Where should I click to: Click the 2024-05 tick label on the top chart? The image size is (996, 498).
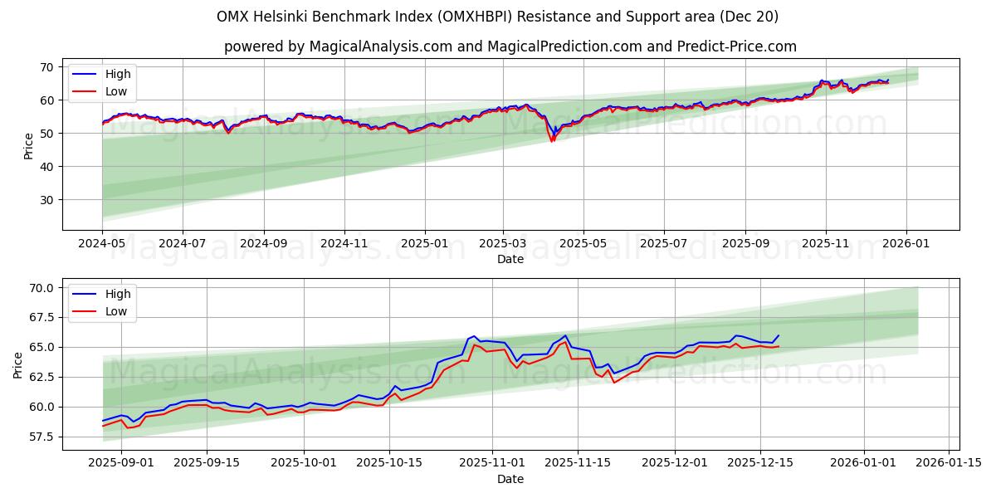pos(102,244)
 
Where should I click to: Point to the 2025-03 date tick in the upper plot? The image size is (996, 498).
pos(503,244)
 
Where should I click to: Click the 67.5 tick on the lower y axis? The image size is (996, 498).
pos(41,318)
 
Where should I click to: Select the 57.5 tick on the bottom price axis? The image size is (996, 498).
pos(41,437)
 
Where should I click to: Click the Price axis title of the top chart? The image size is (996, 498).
pos(29,145)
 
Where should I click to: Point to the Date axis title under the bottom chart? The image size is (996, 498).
pos(510,479)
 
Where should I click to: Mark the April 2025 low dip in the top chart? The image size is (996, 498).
pos(552,140)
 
